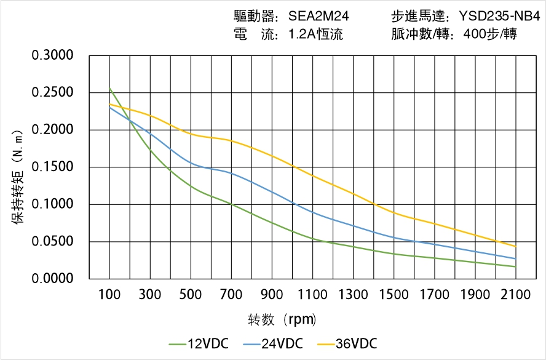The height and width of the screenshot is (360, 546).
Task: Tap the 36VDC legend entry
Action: tap(347, 343)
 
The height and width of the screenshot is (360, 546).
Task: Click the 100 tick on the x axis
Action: tap(110, 295)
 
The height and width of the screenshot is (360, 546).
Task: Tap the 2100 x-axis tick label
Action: tap(515, 295)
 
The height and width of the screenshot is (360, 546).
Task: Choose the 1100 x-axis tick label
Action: tap(312, 295)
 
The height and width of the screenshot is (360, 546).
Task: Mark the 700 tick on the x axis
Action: tap(231, 295)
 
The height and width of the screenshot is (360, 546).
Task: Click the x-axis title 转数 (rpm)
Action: tap(282, 319)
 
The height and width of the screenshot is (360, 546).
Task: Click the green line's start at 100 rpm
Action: tap(110, 89)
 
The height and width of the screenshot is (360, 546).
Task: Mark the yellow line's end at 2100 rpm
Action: tap(515, 246)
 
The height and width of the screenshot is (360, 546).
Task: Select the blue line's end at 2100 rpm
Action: tap(515, 258)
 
